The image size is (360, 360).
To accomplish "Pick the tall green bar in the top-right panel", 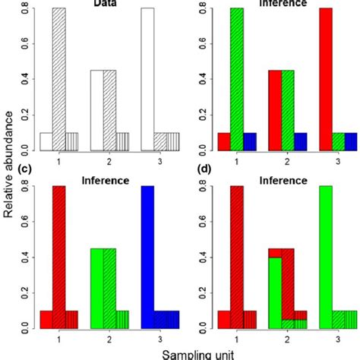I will coord(238,76).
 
